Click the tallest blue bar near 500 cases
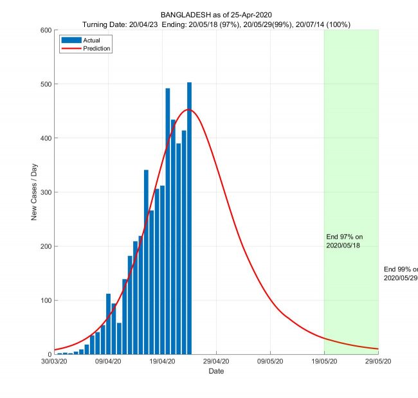coord(189,219)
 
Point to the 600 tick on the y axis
coord(44,30)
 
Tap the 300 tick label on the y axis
coord(44,192)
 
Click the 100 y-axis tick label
coord(44,300)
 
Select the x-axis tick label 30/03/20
coord(54,362)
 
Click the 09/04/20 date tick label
coord(108,362)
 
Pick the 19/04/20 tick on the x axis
coord(162,362)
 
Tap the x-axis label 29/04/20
coord(216,362)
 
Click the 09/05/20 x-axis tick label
coord(270,362)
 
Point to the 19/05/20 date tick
coord(324,362)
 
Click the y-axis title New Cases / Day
coord(34,192)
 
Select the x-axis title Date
coord(216,371)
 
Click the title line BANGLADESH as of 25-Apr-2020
coord(216,15)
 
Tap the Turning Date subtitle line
coord(216,24)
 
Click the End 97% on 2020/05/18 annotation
coord(344,241)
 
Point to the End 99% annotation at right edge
coord(401,273)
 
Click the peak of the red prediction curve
coord(189,109)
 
